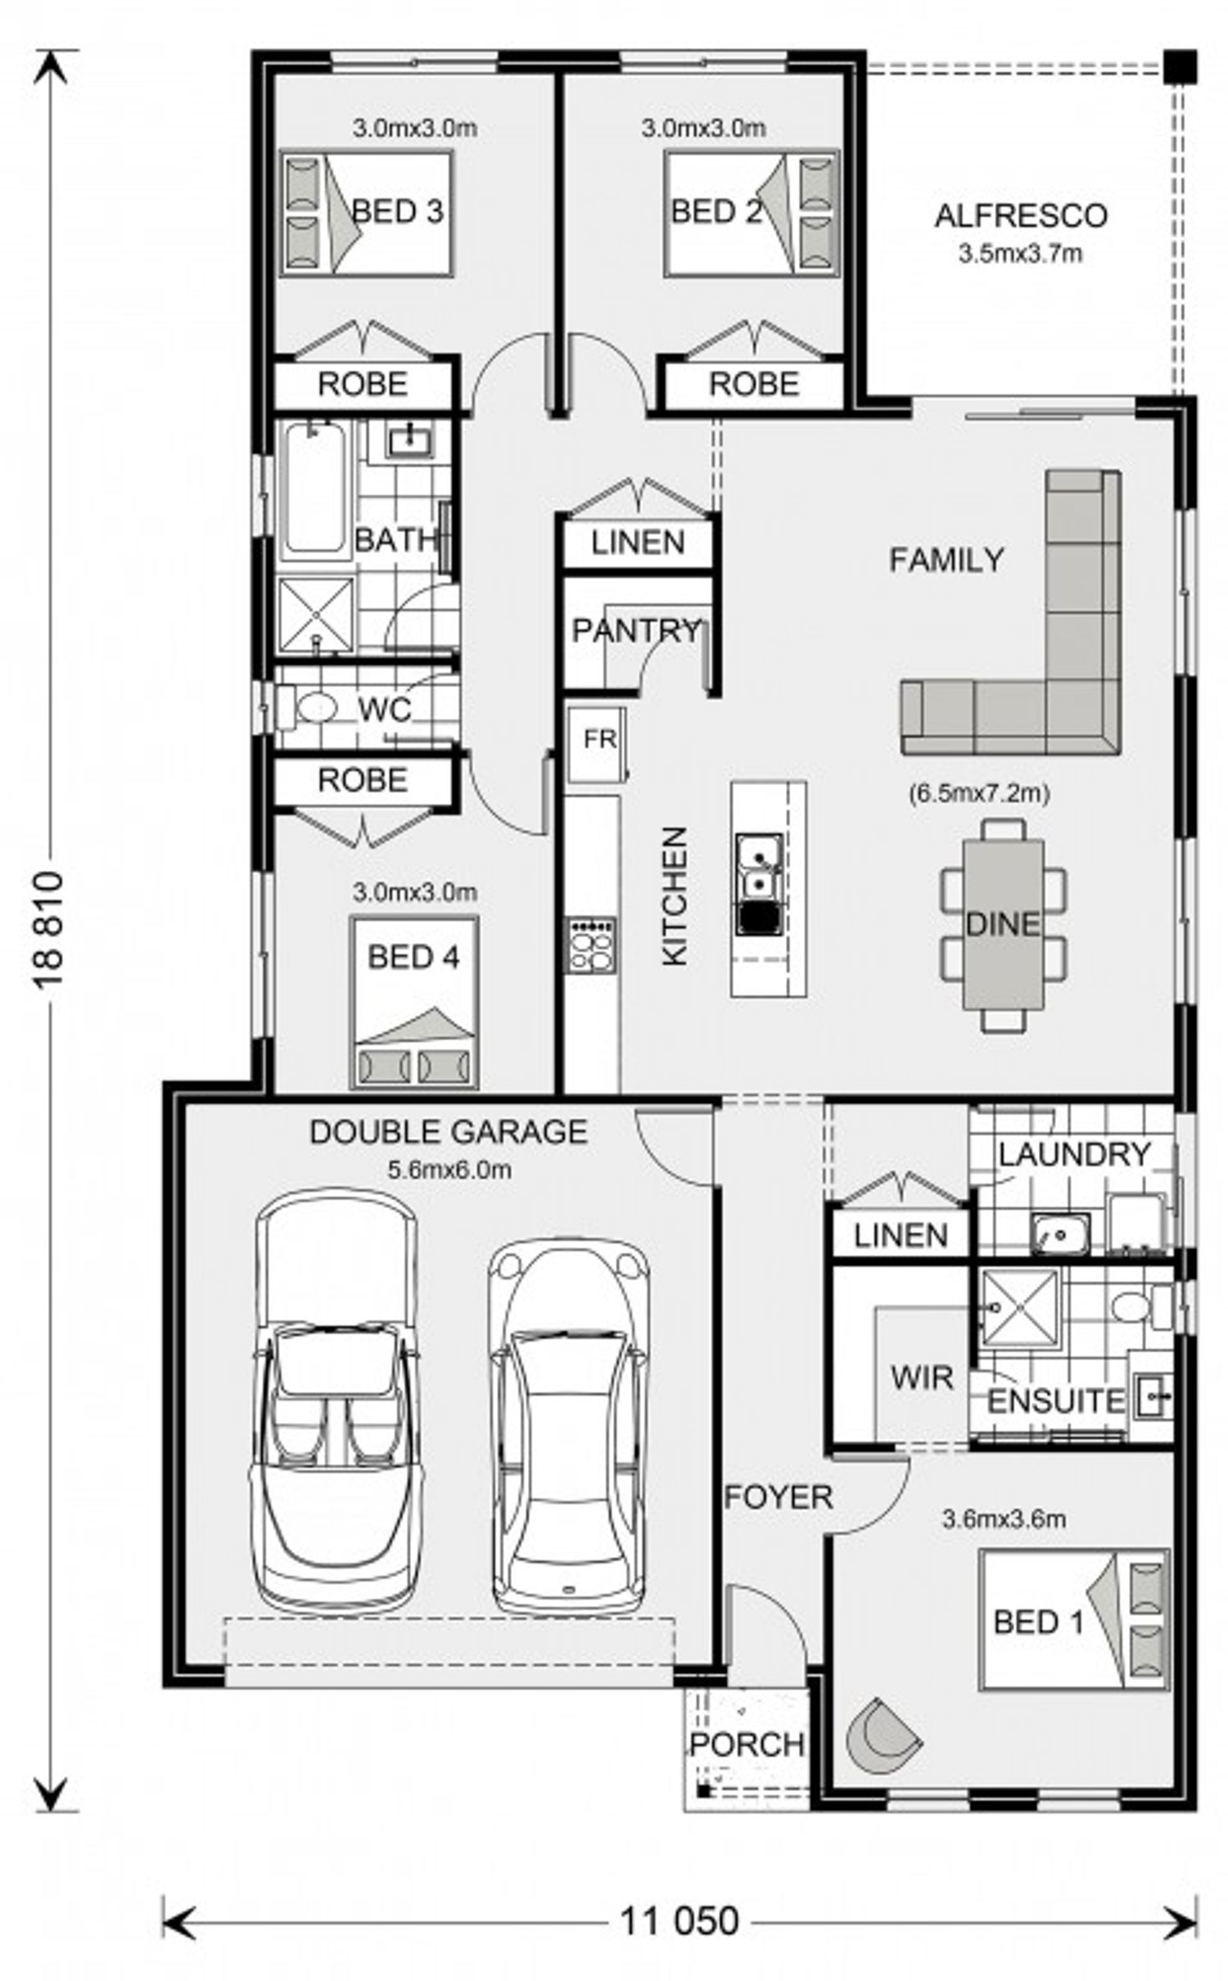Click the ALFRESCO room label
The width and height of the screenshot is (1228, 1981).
(x=1021, y=216)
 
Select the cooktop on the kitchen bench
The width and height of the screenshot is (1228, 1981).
(x=592, y=945)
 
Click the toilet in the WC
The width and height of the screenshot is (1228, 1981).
(x=307, y=708)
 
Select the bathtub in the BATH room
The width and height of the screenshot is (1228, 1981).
(x=314, y=490)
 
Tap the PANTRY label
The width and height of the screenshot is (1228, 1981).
(x=636, y=630)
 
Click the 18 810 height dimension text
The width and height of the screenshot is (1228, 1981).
(x=48, y=930)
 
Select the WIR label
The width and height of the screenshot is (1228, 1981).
(x=922, y=1378)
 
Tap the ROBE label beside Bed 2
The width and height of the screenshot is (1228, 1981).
(x=753, y=384)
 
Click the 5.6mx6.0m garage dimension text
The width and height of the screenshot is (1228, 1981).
(x=449, y=1170)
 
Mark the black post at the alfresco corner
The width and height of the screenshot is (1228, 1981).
(x=1181, y=66)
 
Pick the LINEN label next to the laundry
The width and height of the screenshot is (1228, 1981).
(x=901, y=1235)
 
